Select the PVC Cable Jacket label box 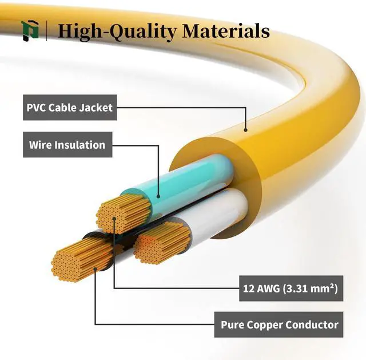(70, 107)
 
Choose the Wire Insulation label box (67, 145)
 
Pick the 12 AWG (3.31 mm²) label (289, 290)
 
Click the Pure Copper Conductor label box (280, 325)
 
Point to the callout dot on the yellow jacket (246, 130)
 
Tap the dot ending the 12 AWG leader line (114, 218)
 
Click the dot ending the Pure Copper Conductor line (95, 267)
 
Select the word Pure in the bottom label (232, 325)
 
